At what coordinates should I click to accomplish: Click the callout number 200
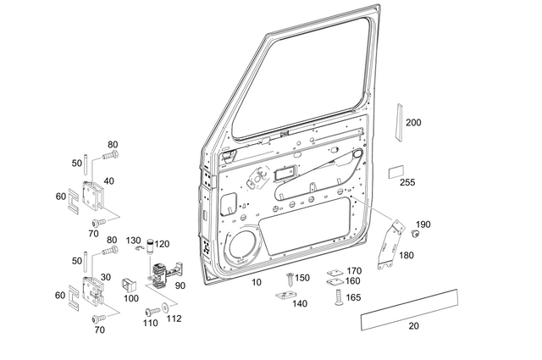[x=413, y=123]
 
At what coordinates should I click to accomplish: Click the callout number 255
[x=407, y=182]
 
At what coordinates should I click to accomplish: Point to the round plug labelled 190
[x=416, y=232]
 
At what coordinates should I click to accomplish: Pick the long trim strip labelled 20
[x=409, y=308]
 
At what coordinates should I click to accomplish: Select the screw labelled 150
[x=290, y=278]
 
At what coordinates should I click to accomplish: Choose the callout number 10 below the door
[x=256, y=281]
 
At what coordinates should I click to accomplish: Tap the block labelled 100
[x=130, y=282]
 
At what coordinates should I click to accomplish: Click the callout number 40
[x=108, y=181]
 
